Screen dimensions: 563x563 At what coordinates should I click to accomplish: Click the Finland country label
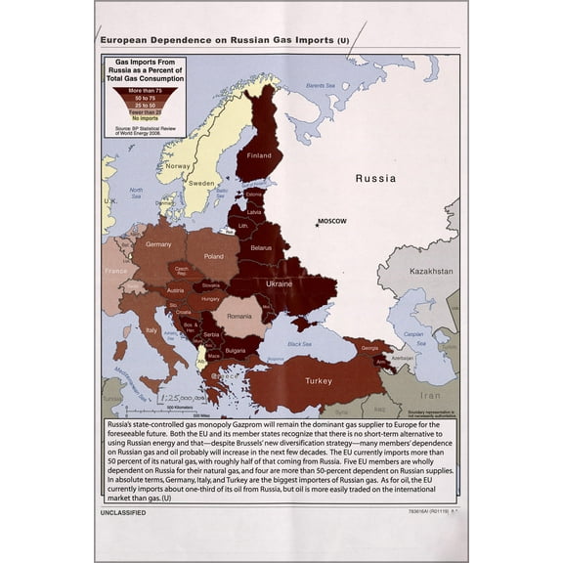coord(260,155)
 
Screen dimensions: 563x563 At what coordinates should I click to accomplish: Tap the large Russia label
coord(375,179)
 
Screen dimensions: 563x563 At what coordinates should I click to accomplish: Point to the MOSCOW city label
coord(332,221)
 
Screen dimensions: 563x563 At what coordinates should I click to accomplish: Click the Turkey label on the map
coord(319,380)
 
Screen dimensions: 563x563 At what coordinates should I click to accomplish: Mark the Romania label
coord(239,317)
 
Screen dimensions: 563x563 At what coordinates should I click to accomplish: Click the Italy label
coord(152,330)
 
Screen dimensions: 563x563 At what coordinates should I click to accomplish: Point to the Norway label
coord(178,166)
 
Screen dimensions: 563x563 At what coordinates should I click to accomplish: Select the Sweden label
coord(201,184)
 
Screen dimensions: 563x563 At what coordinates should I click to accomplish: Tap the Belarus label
coord(260,248)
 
